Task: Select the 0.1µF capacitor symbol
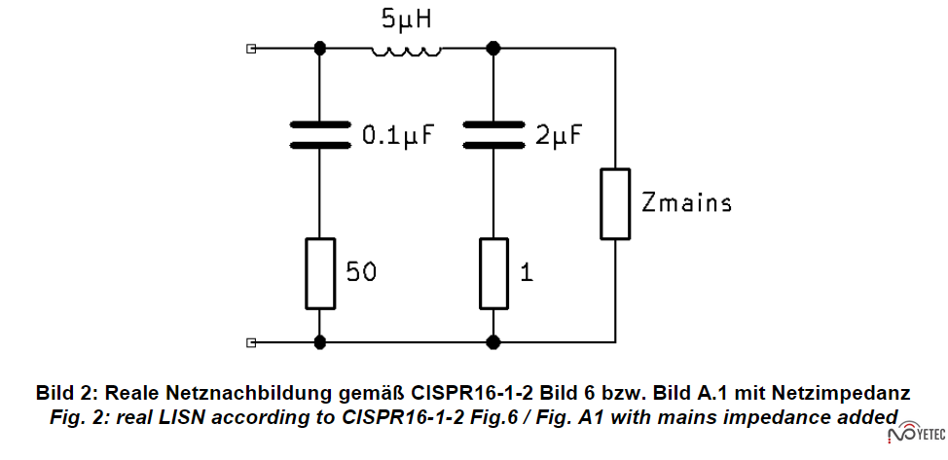319,135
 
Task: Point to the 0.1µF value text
396,136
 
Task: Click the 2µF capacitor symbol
493,135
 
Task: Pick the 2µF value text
558,136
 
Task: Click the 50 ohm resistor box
319,273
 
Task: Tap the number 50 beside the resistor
361,273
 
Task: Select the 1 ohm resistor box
493,273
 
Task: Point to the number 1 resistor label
527,273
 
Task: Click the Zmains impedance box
615,203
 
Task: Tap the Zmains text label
686,203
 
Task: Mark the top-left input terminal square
252,47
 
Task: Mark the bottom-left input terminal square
252,342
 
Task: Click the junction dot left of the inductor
319,47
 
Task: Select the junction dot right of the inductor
493,47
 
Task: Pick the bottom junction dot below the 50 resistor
319,342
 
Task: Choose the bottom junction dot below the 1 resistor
493,342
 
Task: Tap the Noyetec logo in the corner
920,434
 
